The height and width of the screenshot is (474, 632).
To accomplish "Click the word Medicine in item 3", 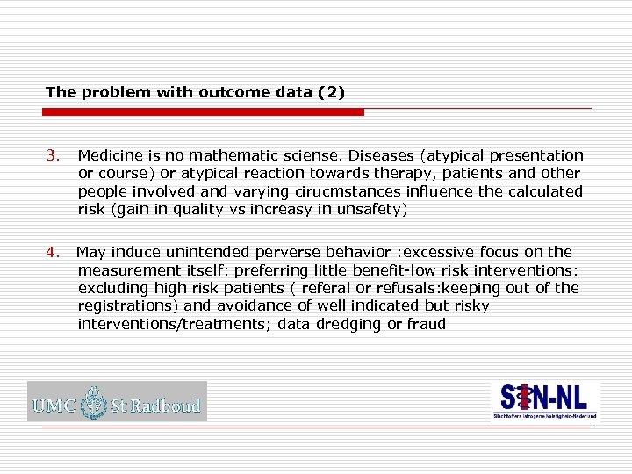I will click(108, 155).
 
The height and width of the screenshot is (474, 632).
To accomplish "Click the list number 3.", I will click(52, 155).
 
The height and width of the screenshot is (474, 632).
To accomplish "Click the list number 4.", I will click(52, 253).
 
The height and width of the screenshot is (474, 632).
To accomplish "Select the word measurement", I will click(122, 270).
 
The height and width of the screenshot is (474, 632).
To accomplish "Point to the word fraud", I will click(426, 324).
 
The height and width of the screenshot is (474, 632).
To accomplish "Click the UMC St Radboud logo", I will click(117, 402).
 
